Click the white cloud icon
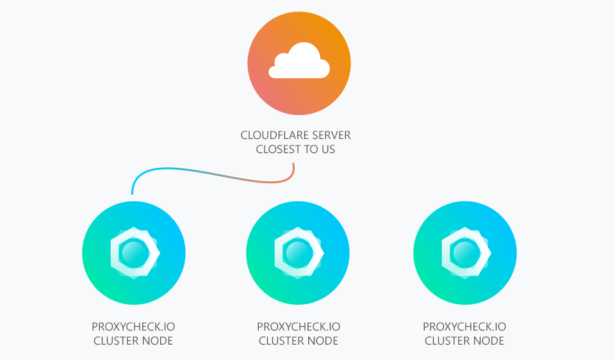(299, 61)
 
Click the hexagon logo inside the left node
(134, 252)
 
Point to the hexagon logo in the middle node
(298, 252)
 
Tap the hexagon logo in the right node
(465, 252)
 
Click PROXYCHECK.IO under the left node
(133, 327)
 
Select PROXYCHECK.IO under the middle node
(299, 327)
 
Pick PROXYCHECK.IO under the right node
(464, 327)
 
